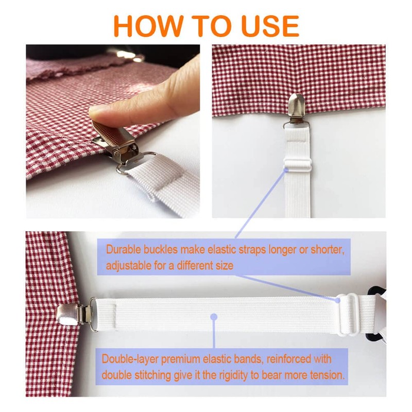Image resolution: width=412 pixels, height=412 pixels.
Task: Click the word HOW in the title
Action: point(146,26)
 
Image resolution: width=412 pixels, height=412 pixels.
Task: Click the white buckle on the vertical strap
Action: point(298,165)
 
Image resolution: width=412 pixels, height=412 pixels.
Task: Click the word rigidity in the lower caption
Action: point(225,374)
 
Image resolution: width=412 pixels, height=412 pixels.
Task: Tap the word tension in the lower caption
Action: point(326,374)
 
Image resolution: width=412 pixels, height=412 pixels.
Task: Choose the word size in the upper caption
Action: point(224,266)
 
